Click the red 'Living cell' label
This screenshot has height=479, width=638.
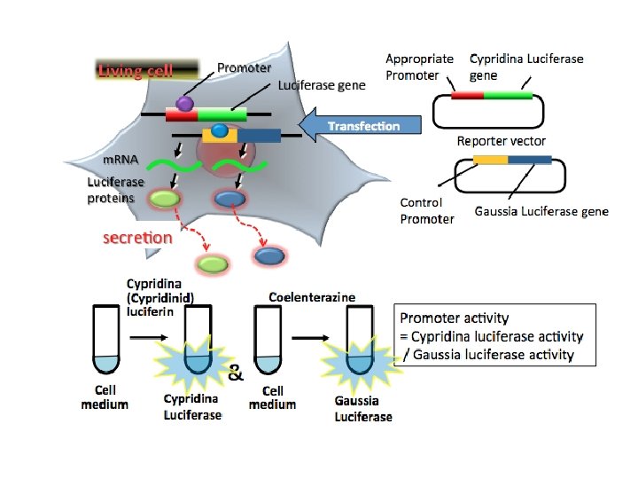click(136, 71)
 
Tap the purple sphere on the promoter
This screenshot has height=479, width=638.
click(184, 104)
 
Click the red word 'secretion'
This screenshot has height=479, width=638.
click(138, 238)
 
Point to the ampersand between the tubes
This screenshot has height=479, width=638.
click(236, 374)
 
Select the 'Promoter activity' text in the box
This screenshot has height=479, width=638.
click(455, 318)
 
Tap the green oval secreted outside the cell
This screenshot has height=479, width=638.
click(213, 263)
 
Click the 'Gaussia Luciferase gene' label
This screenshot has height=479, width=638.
click(541, 211)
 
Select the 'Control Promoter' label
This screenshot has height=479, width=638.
click(426, 211)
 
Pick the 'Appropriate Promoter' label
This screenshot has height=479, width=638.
click(419, 67)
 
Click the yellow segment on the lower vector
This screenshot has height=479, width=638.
click(489, 161)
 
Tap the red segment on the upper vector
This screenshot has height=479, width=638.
click(467, 95)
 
